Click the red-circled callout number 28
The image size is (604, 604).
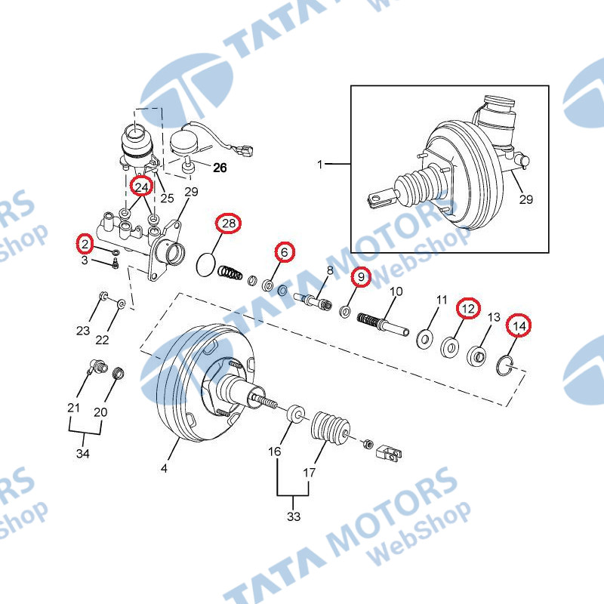(229, 223)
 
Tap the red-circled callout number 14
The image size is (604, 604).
(519, 326)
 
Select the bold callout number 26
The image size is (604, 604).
(220, 168)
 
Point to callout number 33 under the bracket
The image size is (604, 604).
(293, 516)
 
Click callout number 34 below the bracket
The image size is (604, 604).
(83, 454)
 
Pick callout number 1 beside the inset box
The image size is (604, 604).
(319, 165)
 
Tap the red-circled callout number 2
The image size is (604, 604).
(85, 243)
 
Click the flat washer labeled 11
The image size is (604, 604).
(424, 339)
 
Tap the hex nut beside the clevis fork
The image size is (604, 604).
(368, 444)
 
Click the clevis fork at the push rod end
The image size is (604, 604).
(389, 454)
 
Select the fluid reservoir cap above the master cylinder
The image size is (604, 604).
(136, 133)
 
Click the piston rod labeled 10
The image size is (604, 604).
(383, 325)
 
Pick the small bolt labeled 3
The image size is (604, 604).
(115, 265)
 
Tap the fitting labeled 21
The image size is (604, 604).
(98, 366)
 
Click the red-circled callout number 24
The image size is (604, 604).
(141, 186)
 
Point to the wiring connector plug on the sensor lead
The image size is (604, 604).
(243, 149)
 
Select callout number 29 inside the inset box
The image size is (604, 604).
(525, 199)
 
